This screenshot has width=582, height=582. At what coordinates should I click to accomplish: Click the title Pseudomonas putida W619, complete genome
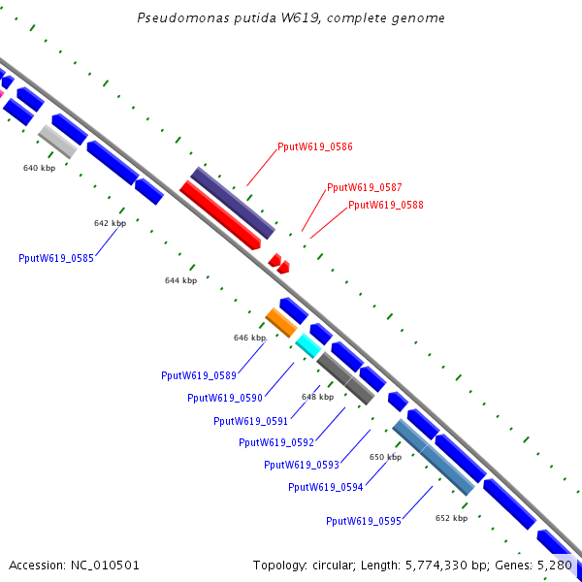click(x=291, y=18)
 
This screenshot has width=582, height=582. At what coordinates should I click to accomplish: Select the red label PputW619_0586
click(x=315, y=146)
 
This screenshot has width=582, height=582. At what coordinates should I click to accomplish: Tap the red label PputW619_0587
click(x=364, y=187)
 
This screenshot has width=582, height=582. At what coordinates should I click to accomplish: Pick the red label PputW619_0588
click(x=386, y=205)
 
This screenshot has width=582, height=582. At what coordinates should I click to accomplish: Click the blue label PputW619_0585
click(x=56, y=258)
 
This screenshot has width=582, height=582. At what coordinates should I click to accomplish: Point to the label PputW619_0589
click(x=199, y=375)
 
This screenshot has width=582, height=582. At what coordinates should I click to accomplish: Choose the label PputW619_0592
click(x=276, y=442)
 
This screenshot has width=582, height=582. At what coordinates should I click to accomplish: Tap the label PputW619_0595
click(x=364, y=521)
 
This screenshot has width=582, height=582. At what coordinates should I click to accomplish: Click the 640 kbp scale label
click(x=40, y=168)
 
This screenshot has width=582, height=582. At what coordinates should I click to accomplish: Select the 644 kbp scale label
click(x=180, y=280)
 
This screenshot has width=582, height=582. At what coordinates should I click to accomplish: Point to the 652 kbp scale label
click(x=451, y=518)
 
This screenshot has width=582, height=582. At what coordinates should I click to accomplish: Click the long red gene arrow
click(x=220, y=215)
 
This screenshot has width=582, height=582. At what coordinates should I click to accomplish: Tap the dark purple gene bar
click(x=233, y=203)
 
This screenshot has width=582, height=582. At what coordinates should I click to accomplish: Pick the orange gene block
click(x=281, y=323)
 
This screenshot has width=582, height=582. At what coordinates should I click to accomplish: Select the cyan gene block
click(x=308, y=346)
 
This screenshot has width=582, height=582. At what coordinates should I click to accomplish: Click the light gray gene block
click(x=58, y=142)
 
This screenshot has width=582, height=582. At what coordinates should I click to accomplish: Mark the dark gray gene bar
click(x=345, y=378)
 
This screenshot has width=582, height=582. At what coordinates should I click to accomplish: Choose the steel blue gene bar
click(x=434, y=457)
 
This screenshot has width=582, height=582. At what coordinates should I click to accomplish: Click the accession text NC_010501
click(x=105, y=566)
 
